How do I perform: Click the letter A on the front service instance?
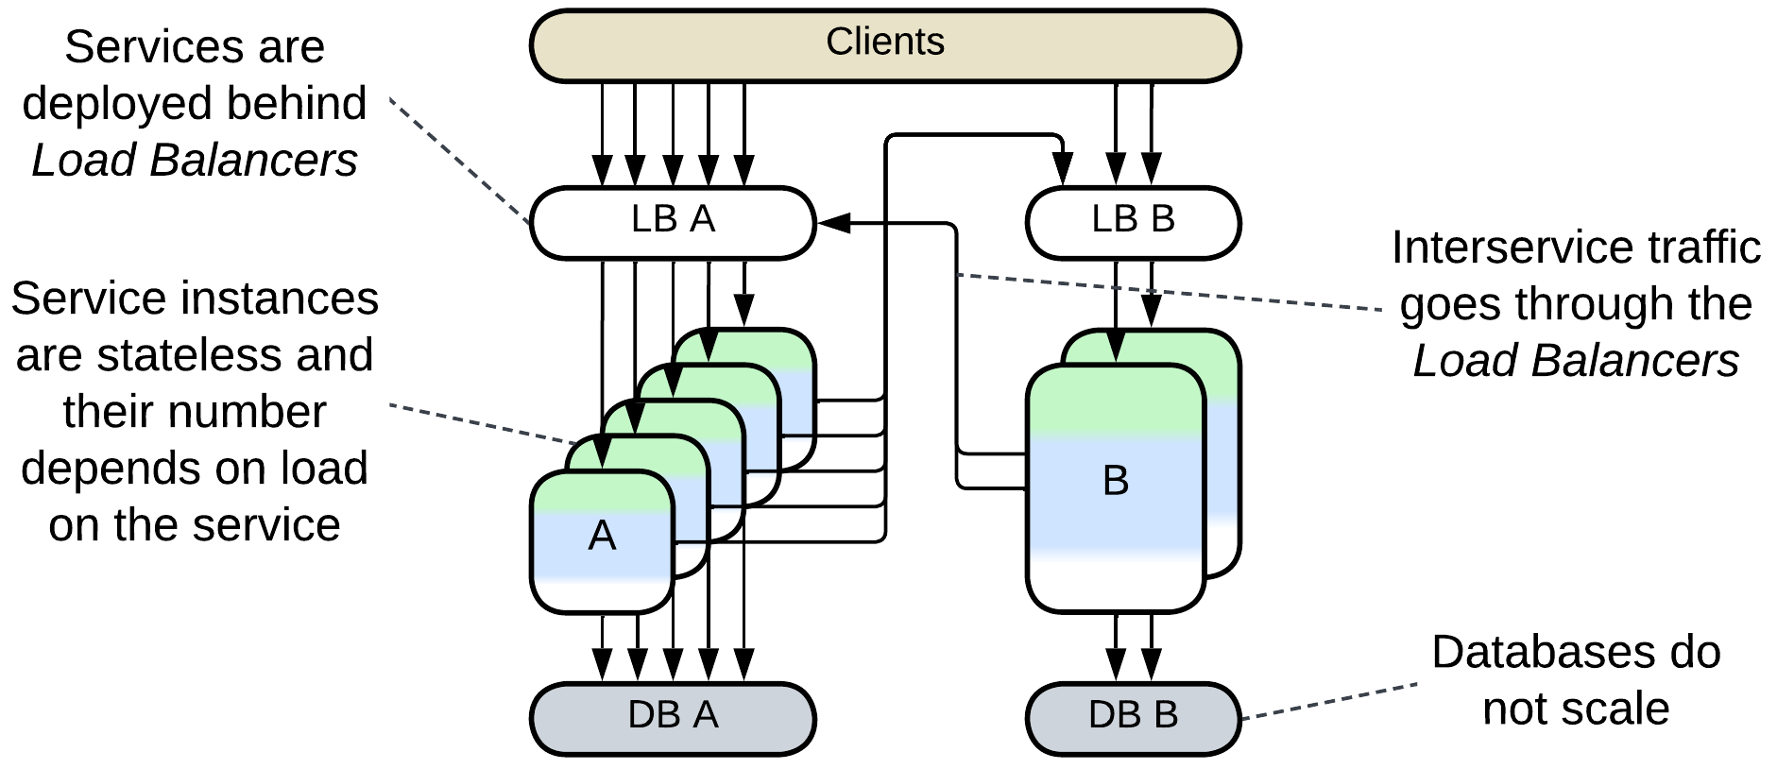coord(602,536)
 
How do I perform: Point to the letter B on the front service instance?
coord(1115,481)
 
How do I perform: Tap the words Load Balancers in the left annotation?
coord(195,160)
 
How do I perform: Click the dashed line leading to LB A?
coord(458,161)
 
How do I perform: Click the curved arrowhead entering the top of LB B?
coord(1064,174)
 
